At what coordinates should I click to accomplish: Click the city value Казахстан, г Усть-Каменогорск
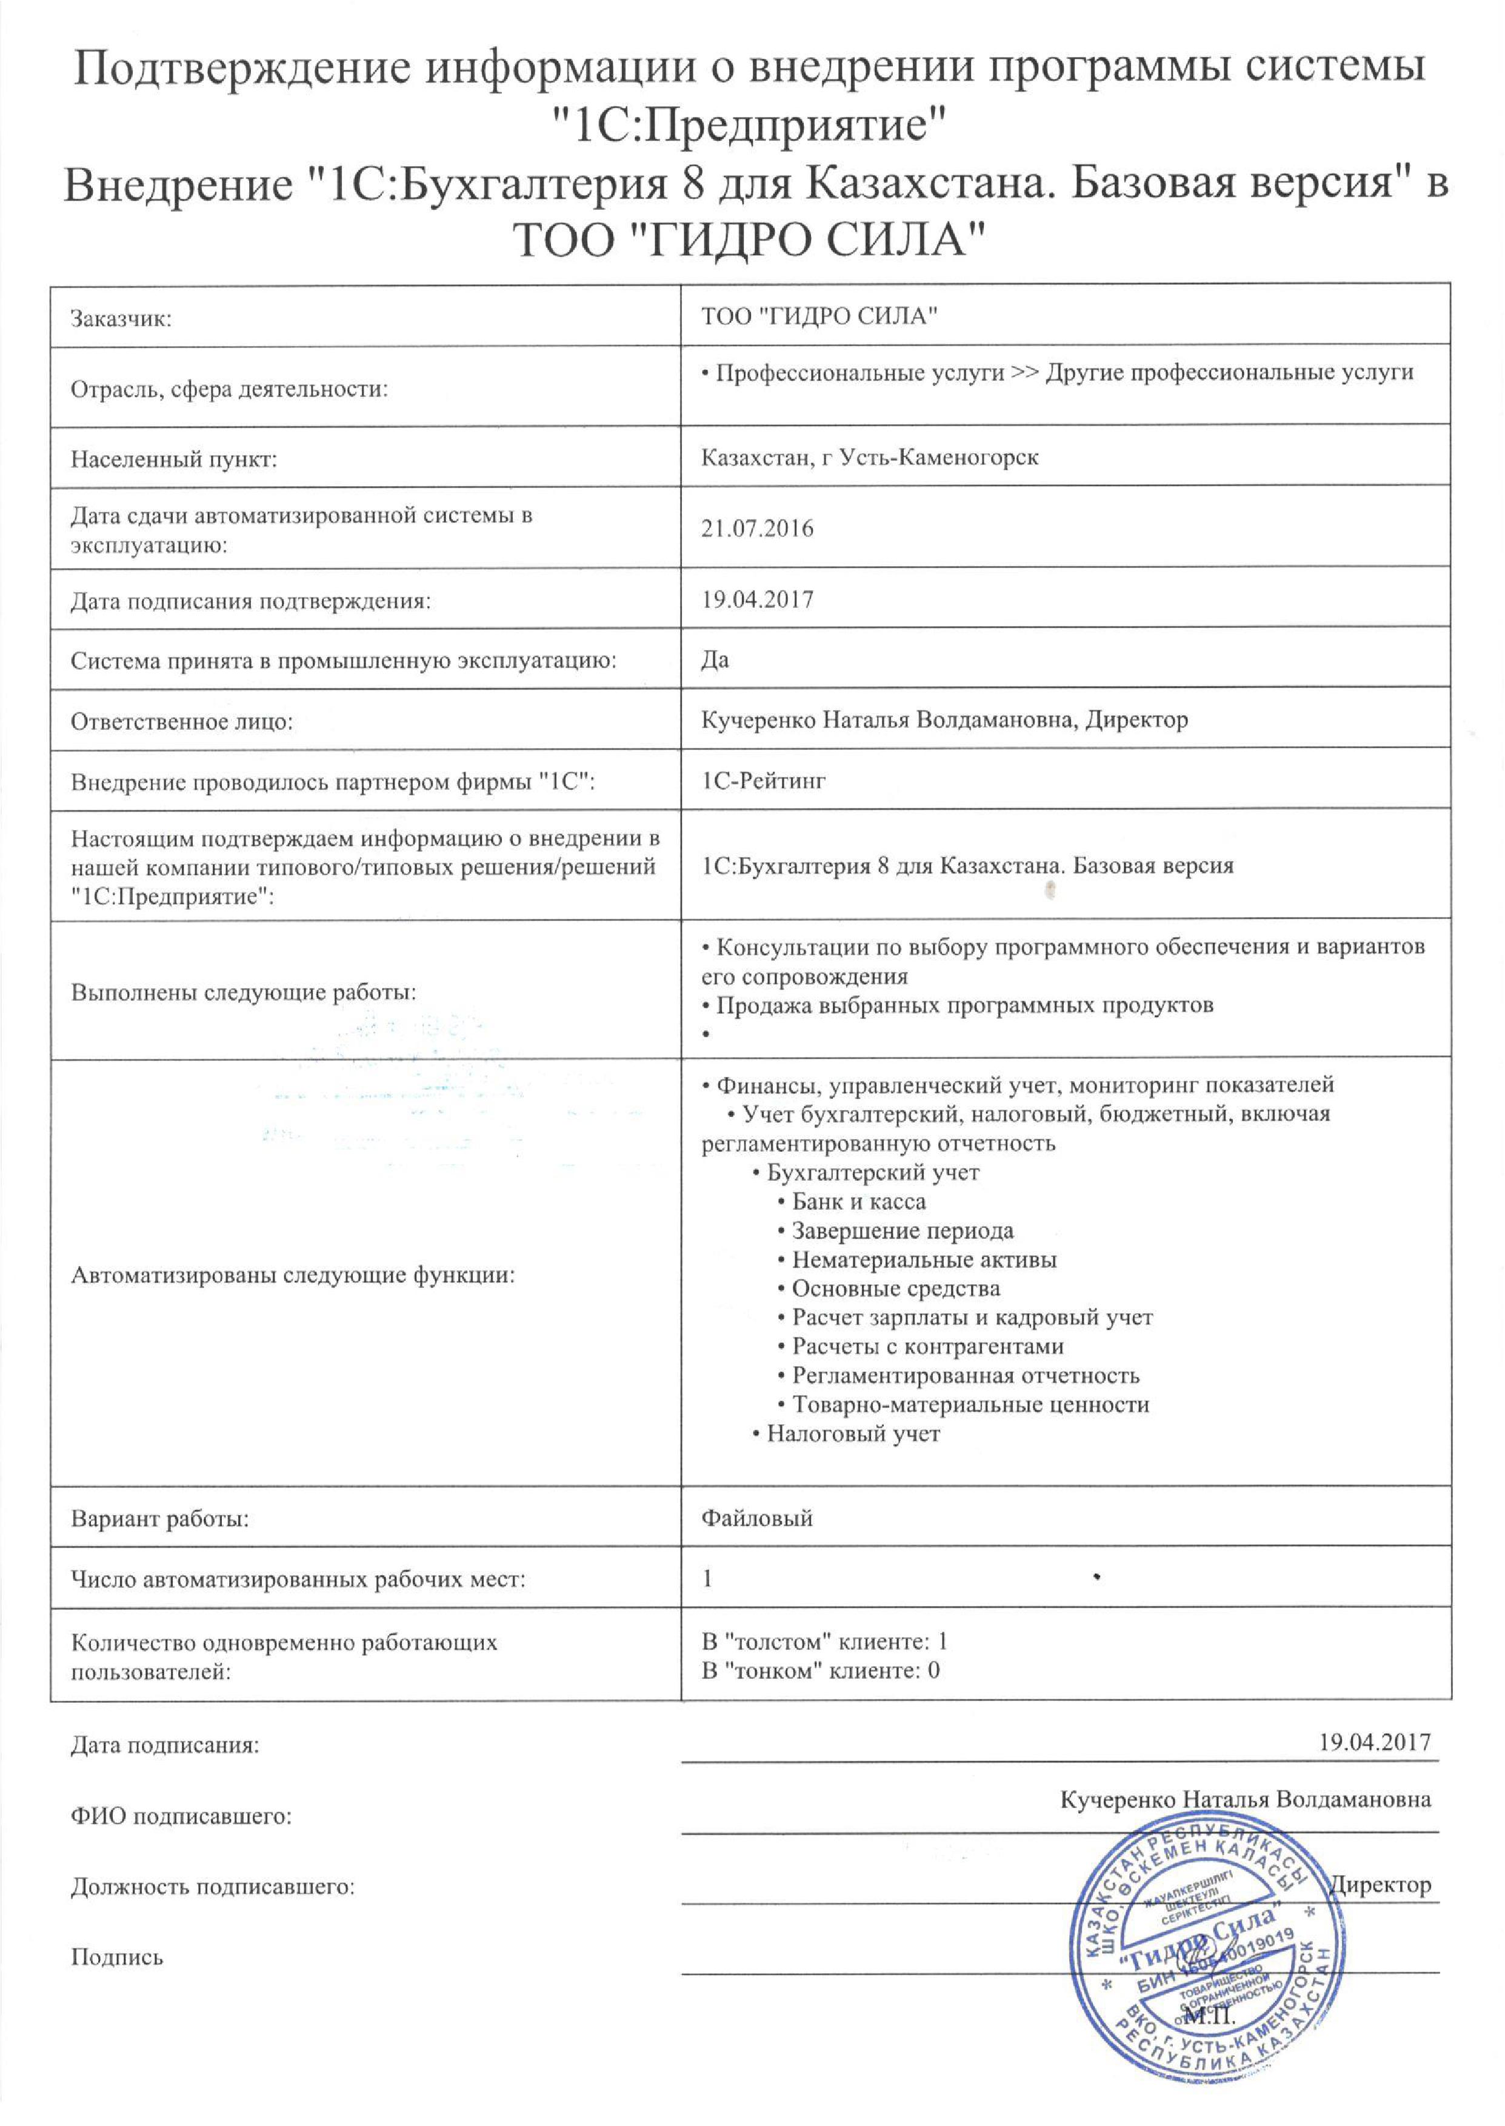coord(869,458)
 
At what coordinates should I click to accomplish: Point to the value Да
coord(715,659)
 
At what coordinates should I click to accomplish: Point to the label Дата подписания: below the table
coord(165,1746)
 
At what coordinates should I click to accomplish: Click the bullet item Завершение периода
coord(902,1231)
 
